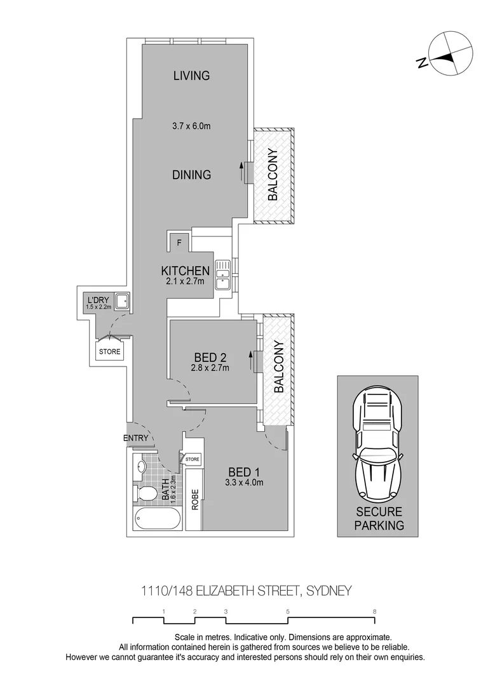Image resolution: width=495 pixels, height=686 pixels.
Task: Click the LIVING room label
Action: (191, 76)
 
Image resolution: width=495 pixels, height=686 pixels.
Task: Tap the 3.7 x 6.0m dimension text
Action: (191, 126)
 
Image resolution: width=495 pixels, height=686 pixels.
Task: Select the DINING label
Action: (191, 175)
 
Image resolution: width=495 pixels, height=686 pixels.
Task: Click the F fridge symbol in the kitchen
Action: (179, 242)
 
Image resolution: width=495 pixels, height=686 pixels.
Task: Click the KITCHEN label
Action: (185, 271)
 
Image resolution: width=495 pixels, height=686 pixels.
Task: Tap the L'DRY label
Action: (98, 299)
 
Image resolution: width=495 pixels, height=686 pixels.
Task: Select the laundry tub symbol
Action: (121, 301)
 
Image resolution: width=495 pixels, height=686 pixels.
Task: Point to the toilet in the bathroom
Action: (146, 494)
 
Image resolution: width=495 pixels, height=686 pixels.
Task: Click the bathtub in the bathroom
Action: (156, 520)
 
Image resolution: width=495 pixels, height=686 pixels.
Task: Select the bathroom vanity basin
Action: (141, 467)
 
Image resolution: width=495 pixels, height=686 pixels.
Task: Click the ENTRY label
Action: (136, 438)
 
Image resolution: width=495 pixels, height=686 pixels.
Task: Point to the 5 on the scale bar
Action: (288, 612)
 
